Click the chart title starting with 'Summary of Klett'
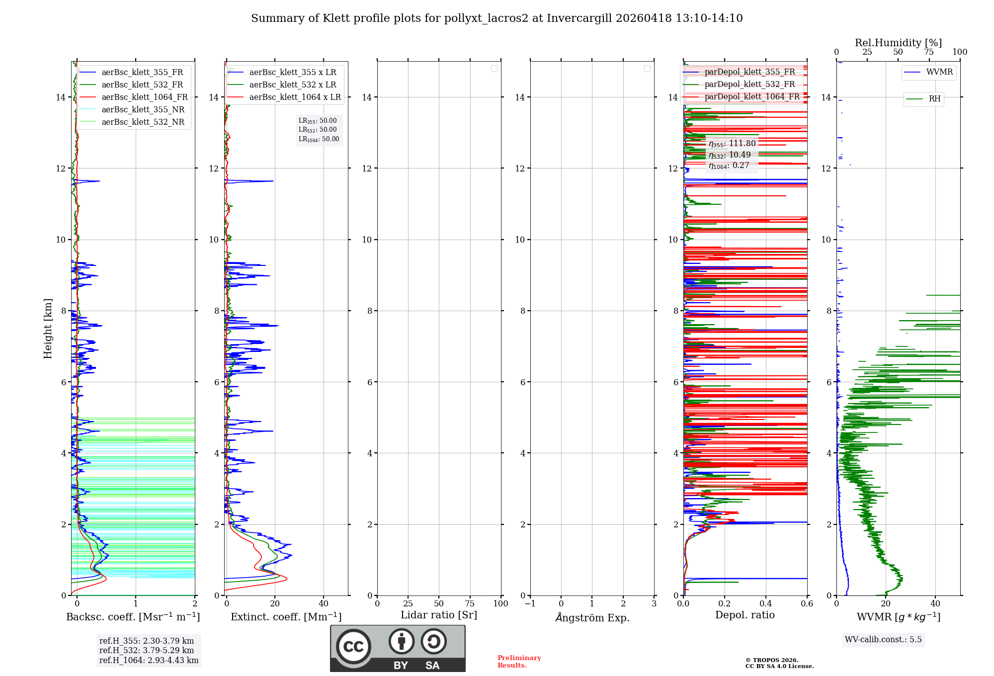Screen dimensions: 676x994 click(x=497, y=18)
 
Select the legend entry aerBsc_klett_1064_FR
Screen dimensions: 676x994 click(x=144, y=97)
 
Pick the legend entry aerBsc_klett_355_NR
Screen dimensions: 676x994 click(x=143, y=110)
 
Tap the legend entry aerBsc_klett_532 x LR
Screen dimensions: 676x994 click(x=292, y=85)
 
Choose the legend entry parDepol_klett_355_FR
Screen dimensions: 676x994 click(x=749, y=72)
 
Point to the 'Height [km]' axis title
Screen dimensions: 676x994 click(x=48, y=329)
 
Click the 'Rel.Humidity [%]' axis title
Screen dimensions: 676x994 click(x=898, y=43)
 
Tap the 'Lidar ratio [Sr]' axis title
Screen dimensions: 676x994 click(x=439, y=615)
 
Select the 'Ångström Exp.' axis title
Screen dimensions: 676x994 click(x=592, y=617)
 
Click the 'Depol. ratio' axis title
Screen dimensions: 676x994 click(x=745, y=615)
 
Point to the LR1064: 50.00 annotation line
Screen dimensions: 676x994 click(x=319, y=139)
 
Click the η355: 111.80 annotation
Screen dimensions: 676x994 click(x=732, y=144)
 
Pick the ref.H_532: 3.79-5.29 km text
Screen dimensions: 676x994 click(x=147, y=651)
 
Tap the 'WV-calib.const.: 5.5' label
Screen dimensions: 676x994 click(x=883, y=640)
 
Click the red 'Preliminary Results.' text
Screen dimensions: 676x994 click(x=519, y=662)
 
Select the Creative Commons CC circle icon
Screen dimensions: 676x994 click(x=353, y=647)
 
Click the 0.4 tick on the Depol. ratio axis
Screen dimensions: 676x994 click(x=766, y=604)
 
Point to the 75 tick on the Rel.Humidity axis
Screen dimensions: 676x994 click(x=928, y=52)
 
